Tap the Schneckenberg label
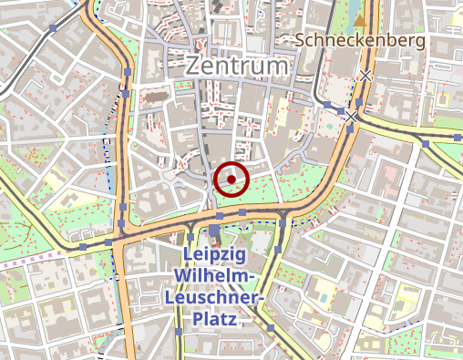(x=361, y=40)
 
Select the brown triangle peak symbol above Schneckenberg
(x=361, y=19)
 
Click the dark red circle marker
(x=231, y=179)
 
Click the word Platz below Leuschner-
(x=210, y=320)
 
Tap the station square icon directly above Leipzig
(x=214, y=231)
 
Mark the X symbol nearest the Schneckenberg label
(x=365, y=75)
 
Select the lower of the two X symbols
(x=351, y=117)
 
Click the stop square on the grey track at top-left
(x=54, y=29)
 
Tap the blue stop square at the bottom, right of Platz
(x=270, y=326)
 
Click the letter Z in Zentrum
(x=193, y=67)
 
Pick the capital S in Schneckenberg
(x=301, y=40)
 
